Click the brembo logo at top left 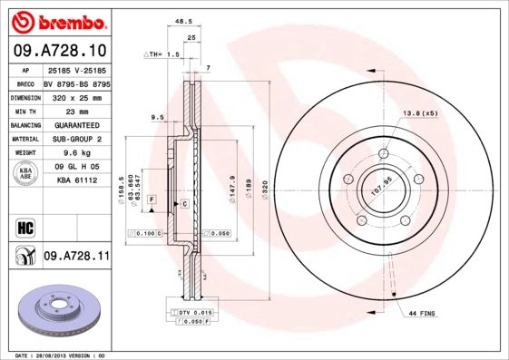point(58,20)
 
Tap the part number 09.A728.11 point(76,258)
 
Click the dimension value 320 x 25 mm point(76,96)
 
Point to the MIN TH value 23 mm point(76,111)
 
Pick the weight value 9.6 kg point(76,154)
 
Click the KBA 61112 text point(76,181)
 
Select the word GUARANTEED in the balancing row point(76,125)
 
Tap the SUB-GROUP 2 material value point(76,140)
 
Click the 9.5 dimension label point(156,117)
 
